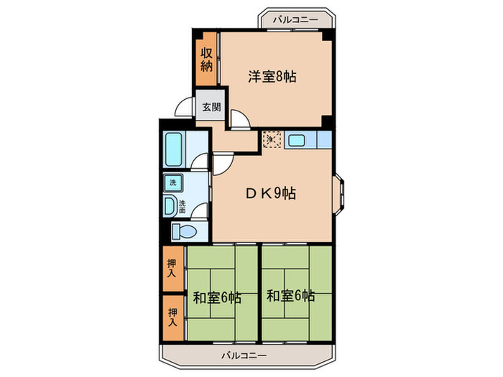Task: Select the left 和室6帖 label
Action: [216, 296]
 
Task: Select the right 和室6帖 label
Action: [290, 295]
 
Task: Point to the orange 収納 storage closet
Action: [206, 59]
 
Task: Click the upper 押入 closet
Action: [172, 269]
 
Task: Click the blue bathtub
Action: [175, 149]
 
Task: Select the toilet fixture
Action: [185, 231]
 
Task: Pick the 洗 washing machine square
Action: [172, 183]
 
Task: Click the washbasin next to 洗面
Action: [170, 207]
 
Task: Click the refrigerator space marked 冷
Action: [272, 139]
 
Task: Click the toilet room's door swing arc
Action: [202, 213]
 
